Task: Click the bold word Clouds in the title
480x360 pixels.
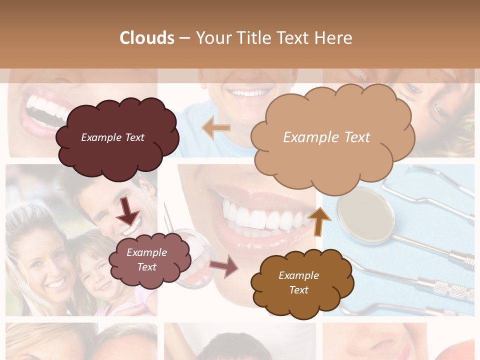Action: (x=147, y=38)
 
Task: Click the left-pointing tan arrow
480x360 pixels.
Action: (x=216, y=128)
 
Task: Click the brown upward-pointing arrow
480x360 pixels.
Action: (x=318, y=221)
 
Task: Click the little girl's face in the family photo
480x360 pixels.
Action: (x=97, y=280)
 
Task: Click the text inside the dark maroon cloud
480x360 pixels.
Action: (x=112, y=137)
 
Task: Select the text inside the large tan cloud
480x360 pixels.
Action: (x=326, y=137)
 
